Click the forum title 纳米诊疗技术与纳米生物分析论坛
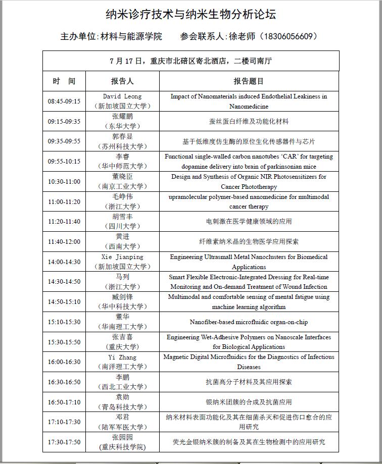[190, 14]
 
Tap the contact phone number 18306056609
[289, 36]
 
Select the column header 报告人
[122, 81]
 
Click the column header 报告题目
[249, 81]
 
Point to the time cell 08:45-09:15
[64, 101]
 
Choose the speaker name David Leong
[122, 96]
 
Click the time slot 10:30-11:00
[64, 182]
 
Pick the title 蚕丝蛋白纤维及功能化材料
[249, 122]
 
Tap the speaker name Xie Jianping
[122, 257]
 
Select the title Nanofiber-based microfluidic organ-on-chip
[249, 322]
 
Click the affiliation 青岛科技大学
[122, 407]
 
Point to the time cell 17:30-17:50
[64, 442]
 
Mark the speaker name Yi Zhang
[122, 357]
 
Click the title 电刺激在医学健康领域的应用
[249, 222]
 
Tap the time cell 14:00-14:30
[64, 262]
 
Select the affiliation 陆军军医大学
[122, 427]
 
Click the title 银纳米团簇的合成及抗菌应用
[249, 402]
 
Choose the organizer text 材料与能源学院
[131, 36]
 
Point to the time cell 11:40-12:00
[64, 242]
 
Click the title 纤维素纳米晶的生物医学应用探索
[249, 242]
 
